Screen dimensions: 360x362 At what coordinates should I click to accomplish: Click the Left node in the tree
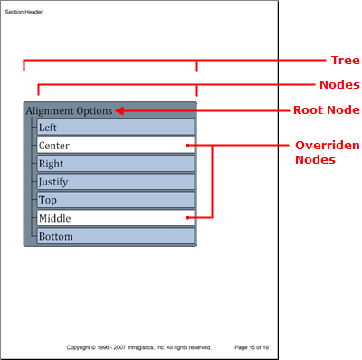(115, 128)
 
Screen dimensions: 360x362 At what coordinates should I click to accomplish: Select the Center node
(115, 146)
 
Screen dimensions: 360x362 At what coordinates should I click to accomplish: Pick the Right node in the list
(115, 164)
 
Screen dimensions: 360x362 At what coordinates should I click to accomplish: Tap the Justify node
(115, 182)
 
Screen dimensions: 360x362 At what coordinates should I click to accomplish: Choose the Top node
(115, 200)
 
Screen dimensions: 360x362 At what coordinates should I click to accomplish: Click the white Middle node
(115, 218)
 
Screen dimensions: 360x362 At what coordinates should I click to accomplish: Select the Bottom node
(115, 236)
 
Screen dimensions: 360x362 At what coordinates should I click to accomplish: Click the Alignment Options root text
(69, 111)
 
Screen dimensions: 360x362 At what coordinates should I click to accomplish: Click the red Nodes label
(338, 85)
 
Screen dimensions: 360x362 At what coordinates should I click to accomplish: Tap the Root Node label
(326, 110)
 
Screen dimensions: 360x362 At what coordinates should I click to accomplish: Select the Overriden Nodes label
(327, 152)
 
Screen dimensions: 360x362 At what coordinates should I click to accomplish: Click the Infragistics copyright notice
(138, 346)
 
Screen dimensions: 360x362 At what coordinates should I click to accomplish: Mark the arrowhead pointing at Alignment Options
(119, 111)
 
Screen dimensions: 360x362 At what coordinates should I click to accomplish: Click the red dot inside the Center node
(188, 146)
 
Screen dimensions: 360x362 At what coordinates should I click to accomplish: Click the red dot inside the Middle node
(188, 218)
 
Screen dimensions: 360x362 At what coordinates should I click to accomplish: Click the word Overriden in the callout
(327, 145)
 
